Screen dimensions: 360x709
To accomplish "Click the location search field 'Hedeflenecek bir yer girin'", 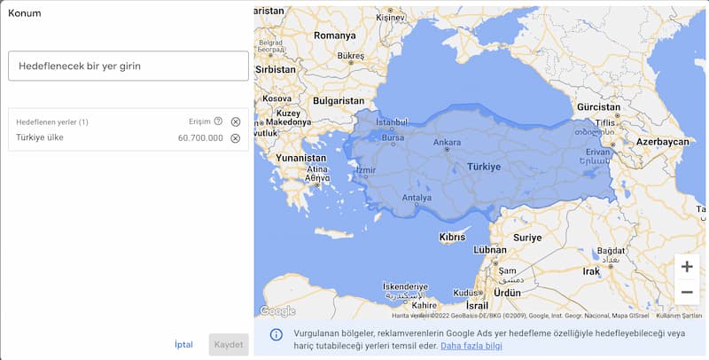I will point(128,66).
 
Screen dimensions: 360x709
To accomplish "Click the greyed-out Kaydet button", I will point(229,345).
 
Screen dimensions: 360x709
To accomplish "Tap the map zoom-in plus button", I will point(687,267).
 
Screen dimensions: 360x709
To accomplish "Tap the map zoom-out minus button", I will point(687,292).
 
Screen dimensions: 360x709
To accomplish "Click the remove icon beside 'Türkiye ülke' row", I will point(236,138).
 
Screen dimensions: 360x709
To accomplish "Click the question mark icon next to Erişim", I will point(218,121).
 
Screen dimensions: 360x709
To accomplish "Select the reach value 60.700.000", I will point(200,138).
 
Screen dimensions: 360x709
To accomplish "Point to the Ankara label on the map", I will point(447,142).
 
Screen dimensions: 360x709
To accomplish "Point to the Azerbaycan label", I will point(662,142).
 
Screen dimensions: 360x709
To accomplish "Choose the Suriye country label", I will point(527,238).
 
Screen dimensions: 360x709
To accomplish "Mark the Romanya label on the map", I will point(333,35).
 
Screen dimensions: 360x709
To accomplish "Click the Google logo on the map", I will point(277,311).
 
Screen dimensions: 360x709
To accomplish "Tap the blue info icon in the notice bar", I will point(277,334).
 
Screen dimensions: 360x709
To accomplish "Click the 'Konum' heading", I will point(24,13).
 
